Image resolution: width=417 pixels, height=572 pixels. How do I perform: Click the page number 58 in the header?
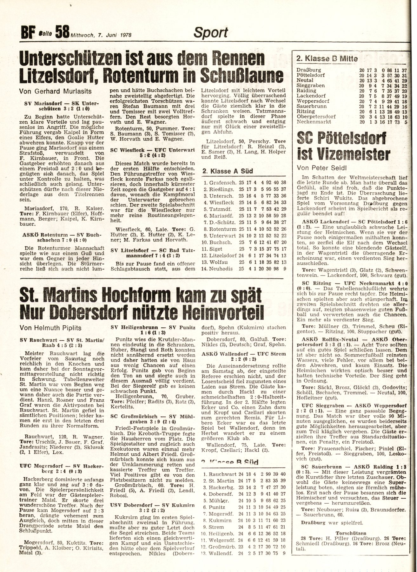pos(62,32)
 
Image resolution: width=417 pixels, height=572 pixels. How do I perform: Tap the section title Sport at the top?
pos(211,32)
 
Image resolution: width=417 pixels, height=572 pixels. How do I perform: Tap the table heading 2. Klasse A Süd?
pos(228,171)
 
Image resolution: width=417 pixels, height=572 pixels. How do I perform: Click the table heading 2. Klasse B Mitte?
pos(327,58)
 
